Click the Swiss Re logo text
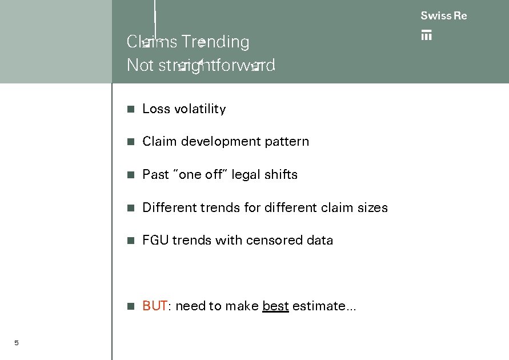(x=443, y=16)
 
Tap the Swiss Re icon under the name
(x=426, y=35)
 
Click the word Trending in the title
(x=215, y=42)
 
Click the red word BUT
(x=154, y=306)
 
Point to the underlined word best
(x=275, y=306)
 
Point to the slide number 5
(x=17, y=343)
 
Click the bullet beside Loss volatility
(x=131, y=109)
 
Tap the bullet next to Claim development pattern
(x=131, y=142)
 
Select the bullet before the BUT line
(x=131, y=306)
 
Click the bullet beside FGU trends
(x=131, y=241)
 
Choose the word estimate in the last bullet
(x=323, y=306)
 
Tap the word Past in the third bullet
(x=155, y=175)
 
